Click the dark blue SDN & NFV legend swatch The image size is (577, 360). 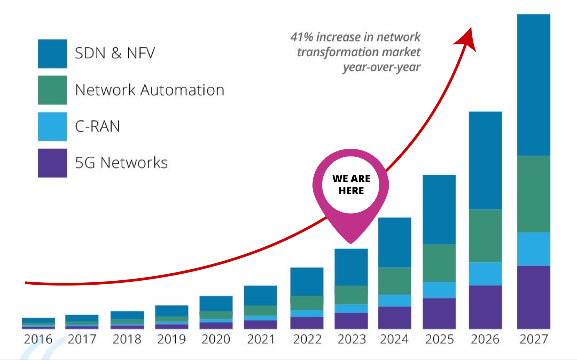[x=52, y=54]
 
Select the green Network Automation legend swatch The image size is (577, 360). [x=52, y=90]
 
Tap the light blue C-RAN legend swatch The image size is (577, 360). [x=52, y=126]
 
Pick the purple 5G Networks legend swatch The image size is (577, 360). [x=52, y=163]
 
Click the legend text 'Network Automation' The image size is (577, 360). [x=149, y=90]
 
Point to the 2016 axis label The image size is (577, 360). [x=38, y=339]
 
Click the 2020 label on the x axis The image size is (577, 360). [x=216, y=339]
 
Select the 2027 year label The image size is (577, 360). [x=534, y=339]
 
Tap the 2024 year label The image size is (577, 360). [x=394, y=339]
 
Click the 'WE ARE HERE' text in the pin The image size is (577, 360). [x=351, y=185]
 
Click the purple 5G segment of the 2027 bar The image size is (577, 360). [x=533, y=297]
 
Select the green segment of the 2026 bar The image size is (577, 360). [x=485, y=236]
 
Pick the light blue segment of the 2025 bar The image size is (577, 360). [x=439, y=290]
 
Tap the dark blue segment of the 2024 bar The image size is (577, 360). [x=395, y=243]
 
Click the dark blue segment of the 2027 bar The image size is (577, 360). [x=533, y=85]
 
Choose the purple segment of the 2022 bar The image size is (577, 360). [x=307, y=323]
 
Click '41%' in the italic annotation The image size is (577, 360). [x=302, y=37]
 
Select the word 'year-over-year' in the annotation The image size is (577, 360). [x=381, y=67]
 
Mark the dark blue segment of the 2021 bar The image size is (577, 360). [x=260, y=296]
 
